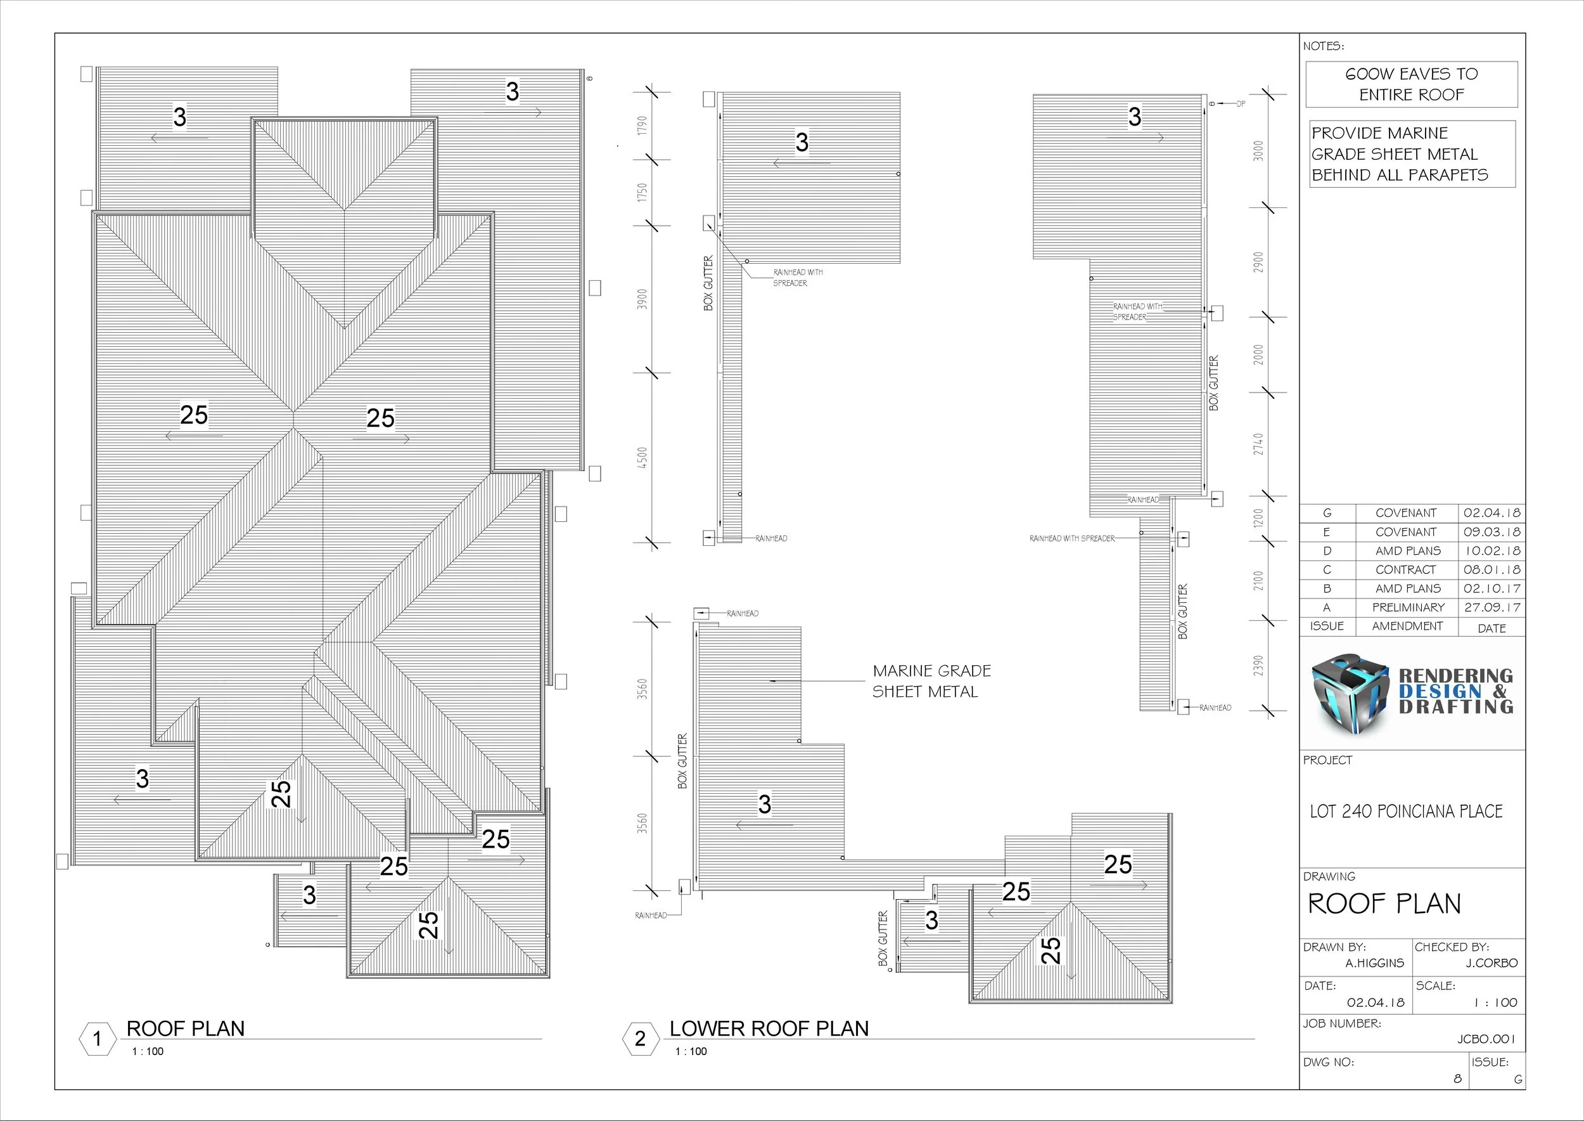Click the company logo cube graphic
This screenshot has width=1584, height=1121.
tap(1350, 694)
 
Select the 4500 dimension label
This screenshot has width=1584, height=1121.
tap(643, 458)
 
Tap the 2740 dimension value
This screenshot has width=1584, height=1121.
tap(1259, 444)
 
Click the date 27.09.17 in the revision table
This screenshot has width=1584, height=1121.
tap(1492, 608)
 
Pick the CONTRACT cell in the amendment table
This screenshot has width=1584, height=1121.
tap(1405, 570)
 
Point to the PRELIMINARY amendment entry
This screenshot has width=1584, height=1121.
tap(1408, 608)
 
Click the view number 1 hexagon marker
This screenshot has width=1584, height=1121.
tap(98, 1039)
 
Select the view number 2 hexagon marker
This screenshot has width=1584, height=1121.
tap(640, 1039)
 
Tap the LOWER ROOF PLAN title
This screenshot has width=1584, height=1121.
tap(769, 1029)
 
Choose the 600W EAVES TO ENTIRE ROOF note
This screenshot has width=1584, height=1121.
tap(1412, 84)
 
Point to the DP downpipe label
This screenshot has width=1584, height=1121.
tap(1241, 104)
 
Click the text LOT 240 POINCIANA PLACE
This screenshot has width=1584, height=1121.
tap(1406, 812)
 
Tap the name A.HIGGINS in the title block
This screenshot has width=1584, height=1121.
tap(1374, 964)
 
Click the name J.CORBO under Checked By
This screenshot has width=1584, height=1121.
tap(1491, 964)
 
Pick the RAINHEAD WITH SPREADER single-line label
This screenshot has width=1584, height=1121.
tap(1071, 538)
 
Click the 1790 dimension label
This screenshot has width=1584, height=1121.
tap(643, 126)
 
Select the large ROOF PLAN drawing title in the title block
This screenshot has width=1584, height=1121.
tap(1384, 904)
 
